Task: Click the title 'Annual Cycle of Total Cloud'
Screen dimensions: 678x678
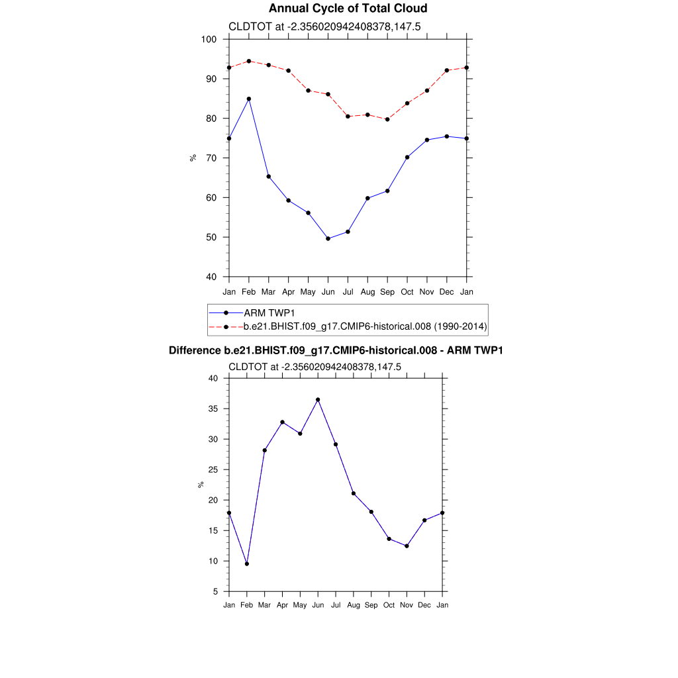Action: coord(338,9)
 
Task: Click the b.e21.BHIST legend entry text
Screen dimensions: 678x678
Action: coord(365,326)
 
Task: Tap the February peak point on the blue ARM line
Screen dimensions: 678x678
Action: coord(249,99)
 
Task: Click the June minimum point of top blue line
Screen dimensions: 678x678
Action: coord(328,238)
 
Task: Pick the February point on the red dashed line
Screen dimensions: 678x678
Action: coord(249,61)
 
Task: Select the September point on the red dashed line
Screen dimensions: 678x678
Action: coord(387,119)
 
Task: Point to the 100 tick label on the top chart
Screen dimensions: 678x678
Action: coord(209,39)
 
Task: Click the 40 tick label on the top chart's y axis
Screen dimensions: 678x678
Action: coord(212,277)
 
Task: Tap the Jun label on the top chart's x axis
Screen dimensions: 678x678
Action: coord(328,292)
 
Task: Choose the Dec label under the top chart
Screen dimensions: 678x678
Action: coord(447,292)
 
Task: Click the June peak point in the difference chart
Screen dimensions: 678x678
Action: coord(318,400)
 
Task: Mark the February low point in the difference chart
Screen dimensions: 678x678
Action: coord(247,563)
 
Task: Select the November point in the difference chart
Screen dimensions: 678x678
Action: coord(407,546)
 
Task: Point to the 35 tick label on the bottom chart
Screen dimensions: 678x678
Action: coord(213,409)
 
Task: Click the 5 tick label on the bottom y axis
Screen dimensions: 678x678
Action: coord(216,591)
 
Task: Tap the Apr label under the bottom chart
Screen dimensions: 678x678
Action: coord(282,605)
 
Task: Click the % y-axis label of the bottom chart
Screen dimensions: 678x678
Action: coord(201,485)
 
